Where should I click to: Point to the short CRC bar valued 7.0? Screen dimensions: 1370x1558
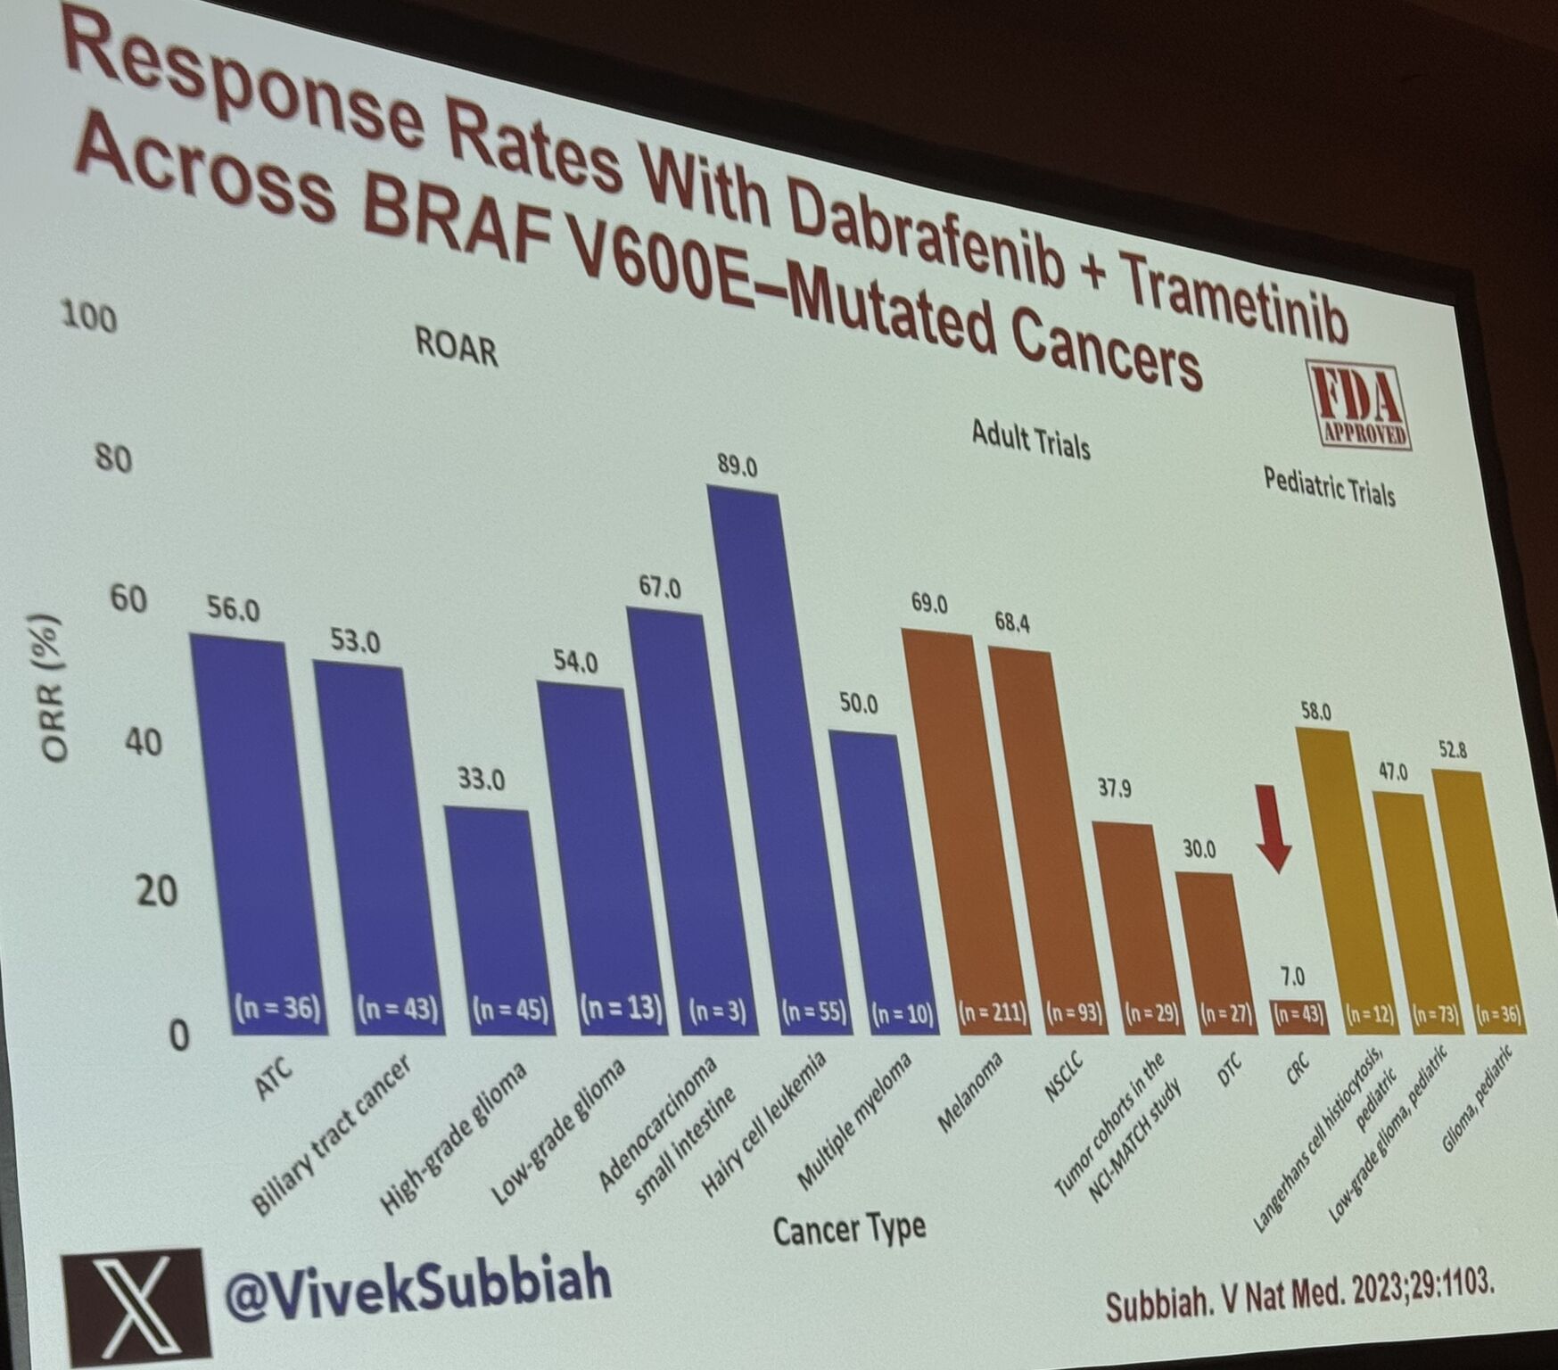coord(1299,1015)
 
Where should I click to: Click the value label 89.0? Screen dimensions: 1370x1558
coord(737,466)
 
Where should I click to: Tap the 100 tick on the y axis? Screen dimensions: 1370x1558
coord(89,316)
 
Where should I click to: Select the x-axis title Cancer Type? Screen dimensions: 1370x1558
coord(848,1230)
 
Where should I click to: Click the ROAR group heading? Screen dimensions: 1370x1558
coord(456,346)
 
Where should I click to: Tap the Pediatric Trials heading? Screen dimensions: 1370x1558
coord(1329,487)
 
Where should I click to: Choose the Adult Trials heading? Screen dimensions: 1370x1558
coord(1030,439)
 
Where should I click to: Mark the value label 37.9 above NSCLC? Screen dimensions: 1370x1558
coord(1114,788)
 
